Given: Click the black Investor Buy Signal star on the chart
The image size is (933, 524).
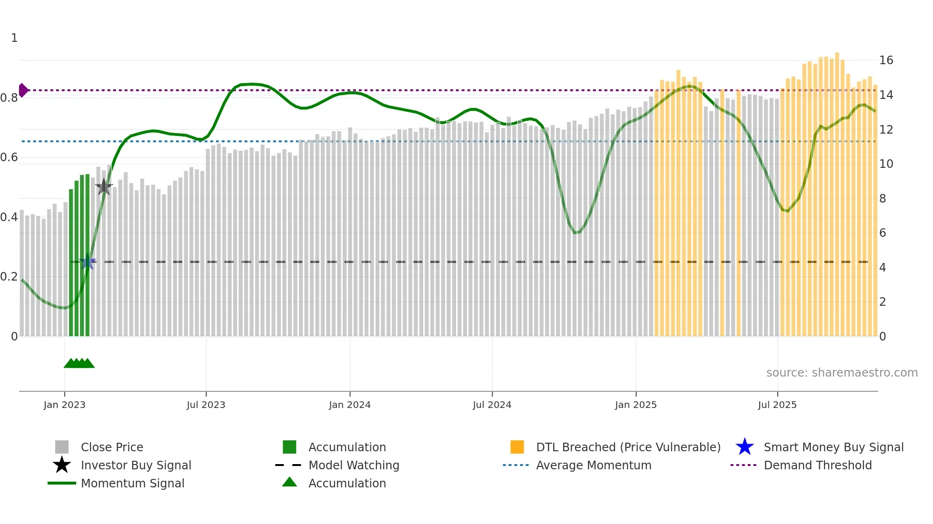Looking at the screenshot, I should pyautogui.click(x=104, y=187).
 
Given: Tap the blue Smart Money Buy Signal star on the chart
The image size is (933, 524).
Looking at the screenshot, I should pyautogui.click(x=87, y=262).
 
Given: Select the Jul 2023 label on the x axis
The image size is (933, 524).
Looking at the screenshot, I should pyautogui.click(x=206, y=405).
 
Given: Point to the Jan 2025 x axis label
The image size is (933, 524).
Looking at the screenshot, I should pyautogui.click(x=635, y=405).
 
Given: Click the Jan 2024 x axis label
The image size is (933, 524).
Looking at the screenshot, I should pyautogui.click(x=349, y=405).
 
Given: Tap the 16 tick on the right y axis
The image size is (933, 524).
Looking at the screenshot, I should pyautogui.click(x=886, y=60).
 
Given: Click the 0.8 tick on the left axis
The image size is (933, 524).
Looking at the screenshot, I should pyautogui.click(x=9, y=98).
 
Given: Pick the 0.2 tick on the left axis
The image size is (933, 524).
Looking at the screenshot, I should pyautogui.click(x=9, y=277).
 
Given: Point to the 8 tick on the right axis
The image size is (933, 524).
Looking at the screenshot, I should pyautogui.click(x=883, y=199).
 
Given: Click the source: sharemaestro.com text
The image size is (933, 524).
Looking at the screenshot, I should pyautogui.click(x=842, y=373).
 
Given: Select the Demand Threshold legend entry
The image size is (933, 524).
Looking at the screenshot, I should pyautogui.click(x=817, y=465).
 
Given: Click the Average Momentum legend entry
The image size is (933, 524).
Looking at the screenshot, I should pyautogui.click(x=593, y=465).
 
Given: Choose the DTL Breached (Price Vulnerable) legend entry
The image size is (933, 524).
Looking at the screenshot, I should pyautogui.click(x=628, y=447).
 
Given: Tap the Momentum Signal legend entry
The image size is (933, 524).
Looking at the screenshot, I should pyautogui.click(x=132, y=483).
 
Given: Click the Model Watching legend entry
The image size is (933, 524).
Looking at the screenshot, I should pyautogui.click(x=353, y=465).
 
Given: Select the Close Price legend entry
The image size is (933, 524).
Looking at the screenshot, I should pyautogui.click(x=112, y=447).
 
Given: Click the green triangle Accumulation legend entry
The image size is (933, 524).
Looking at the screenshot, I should pyautogui.click(x=347, y=483).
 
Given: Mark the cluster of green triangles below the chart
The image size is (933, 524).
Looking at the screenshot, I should pyautogui.click(x=79, y=364).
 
